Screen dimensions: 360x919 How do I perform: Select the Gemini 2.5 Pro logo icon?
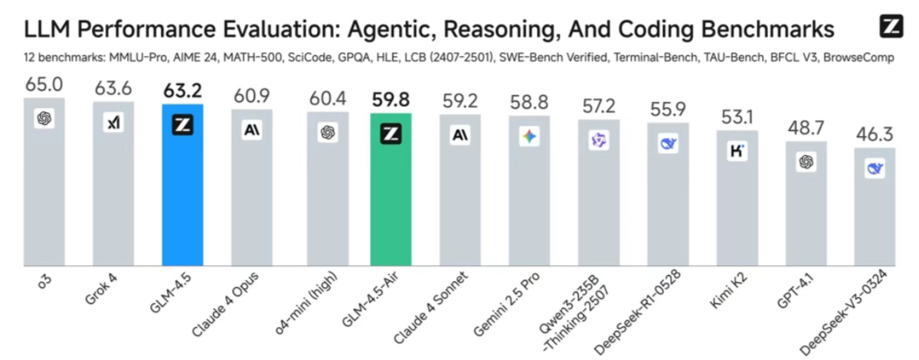point(529,138)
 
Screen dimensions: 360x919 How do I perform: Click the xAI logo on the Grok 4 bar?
point(113,122)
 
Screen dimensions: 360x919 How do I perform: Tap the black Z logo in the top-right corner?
point(891,28)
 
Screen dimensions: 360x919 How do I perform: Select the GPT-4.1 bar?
point(806,214)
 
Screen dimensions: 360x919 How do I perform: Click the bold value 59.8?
point(391,100)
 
